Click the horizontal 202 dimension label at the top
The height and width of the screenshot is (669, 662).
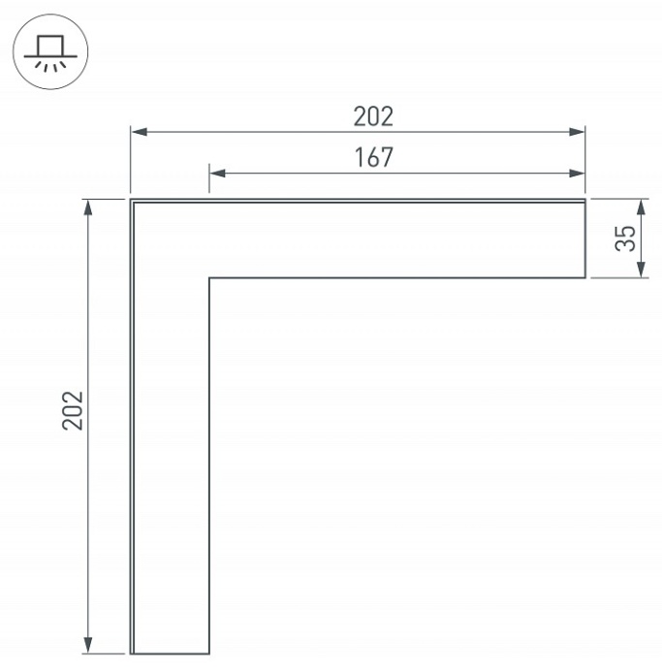click(373, 116)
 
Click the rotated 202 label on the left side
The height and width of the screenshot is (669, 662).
click(75, 411)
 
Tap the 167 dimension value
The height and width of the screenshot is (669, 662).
click(374, 157)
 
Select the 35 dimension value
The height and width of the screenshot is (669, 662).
click(627, 239)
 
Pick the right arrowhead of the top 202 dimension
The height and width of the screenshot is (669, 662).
click(579, 131)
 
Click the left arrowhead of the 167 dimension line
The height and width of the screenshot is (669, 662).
click(216, 174)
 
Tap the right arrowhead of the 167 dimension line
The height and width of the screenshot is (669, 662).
click(579, 174)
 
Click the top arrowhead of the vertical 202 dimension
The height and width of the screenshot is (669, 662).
click(89, 207)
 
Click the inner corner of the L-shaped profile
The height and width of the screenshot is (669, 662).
click(209, 278)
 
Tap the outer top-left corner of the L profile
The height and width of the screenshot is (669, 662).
click(131, 200)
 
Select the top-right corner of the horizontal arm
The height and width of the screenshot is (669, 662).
click(585, 200)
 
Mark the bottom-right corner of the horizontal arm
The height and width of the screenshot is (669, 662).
click(585, 278)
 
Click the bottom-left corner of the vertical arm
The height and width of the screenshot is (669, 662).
click(131, 653)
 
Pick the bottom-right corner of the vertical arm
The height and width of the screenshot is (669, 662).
click(209, 653)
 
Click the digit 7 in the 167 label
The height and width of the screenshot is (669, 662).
click(388, 157)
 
